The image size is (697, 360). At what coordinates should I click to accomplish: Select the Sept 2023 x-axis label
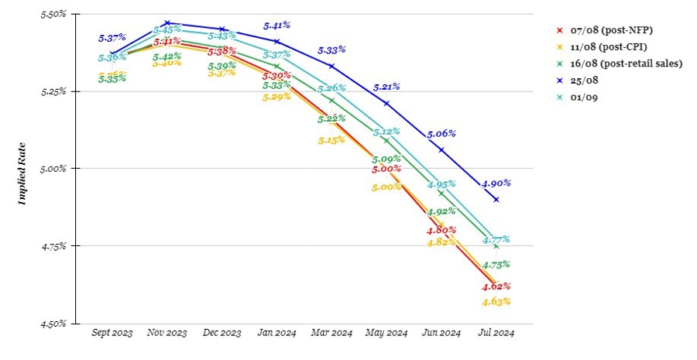tap(112, 333)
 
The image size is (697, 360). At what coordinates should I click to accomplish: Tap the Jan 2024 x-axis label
tap(276, 333)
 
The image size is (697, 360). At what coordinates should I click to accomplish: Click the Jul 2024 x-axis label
tap(496, 333)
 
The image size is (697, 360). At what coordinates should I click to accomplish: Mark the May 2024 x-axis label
tap(386, 333)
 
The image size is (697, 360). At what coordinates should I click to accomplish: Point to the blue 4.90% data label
tap(496, 183)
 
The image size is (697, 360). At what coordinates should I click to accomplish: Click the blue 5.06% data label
tap(441, 133)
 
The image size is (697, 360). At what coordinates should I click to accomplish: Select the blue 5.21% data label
tap(387, 87)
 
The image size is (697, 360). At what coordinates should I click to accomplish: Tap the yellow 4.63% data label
tap(496, 301)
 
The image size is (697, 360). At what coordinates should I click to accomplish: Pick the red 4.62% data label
tap(496, 286)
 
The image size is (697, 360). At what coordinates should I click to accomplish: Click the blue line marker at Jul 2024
tap(496, 200)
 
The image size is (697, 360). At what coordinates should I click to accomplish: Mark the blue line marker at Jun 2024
tap(441, 149)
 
